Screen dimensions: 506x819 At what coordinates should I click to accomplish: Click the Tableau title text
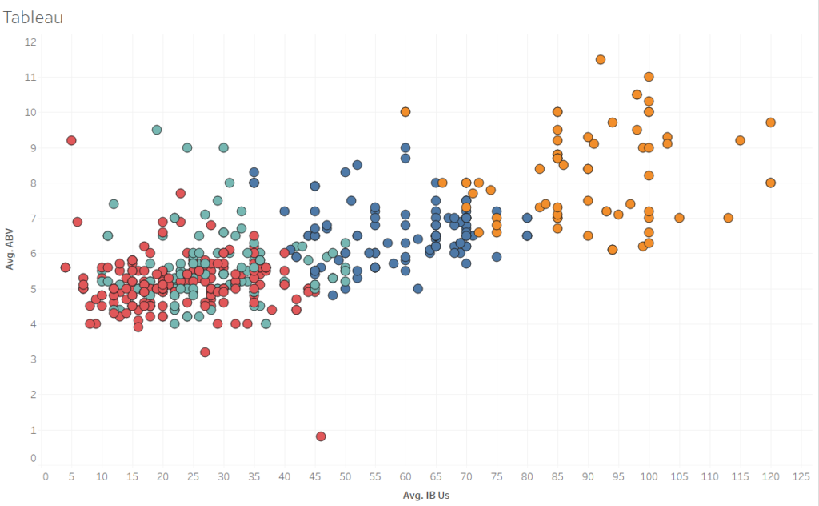(34, 17)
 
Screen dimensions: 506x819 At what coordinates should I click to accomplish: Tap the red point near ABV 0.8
(321, 436)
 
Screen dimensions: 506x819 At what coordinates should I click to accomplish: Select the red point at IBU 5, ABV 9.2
(71, 140)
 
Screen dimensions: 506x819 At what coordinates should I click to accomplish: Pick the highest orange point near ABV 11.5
(601, 59)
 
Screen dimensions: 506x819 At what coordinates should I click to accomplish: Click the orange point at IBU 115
(740, 140)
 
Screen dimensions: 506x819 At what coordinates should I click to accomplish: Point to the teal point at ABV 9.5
(157, 130)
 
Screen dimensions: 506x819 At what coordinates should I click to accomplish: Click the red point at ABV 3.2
(205, 352)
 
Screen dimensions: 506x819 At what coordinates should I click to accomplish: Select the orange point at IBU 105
(679, 218)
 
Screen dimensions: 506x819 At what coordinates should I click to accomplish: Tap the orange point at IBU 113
(728, 218)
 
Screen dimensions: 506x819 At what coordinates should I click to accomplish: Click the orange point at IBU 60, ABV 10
(406, 112)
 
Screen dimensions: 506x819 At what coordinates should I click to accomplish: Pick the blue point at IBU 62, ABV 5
(417, 288)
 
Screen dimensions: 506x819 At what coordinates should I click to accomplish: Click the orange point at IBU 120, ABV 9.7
(770, 122)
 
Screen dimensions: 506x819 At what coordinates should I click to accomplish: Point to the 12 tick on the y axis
(31, 42)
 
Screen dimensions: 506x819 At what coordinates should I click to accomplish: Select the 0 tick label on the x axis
(46, 476)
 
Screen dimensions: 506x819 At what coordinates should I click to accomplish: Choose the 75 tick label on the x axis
(497, 476)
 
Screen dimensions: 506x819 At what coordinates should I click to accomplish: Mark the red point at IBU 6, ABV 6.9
(78, 222)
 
